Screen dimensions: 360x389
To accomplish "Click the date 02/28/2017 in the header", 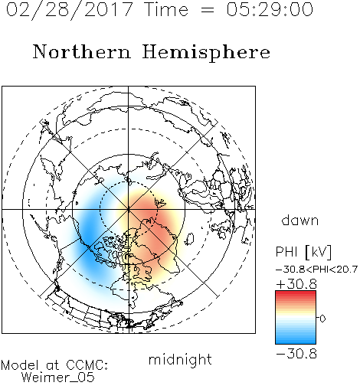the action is pos(70,10).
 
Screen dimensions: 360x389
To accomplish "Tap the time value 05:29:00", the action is pos(270,9).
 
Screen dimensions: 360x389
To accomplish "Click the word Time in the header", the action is pos(166,9).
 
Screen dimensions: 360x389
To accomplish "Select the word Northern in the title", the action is pos(82,52).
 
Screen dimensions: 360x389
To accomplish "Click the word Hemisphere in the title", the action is pos(206,53).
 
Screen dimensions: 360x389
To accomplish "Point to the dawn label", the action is pos(300,220).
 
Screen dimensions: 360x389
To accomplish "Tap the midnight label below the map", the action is pos(180,359).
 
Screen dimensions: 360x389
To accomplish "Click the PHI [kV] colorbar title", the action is pos(303,252).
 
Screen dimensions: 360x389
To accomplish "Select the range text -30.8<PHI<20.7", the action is pos(316,270).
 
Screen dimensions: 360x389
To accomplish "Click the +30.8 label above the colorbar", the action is pos(296,284).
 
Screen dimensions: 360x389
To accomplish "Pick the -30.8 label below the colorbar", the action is pos(296,354).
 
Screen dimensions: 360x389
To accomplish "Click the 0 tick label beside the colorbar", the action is pos(322,319).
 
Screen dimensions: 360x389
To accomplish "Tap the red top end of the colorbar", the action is pos(296,293).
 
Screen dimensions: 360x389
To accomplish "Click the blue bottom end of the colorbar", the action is pos(296,342).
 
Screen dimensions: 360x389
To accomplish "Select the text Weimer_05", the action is pos(58,378).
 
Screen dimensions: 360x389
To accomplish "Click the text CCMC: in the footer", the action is pos(87,365).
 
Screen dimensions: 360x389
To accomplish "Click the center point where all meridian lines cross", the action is pos(129,210).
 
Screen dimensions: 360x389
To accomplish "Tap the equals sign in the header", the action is pos(207,10).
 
